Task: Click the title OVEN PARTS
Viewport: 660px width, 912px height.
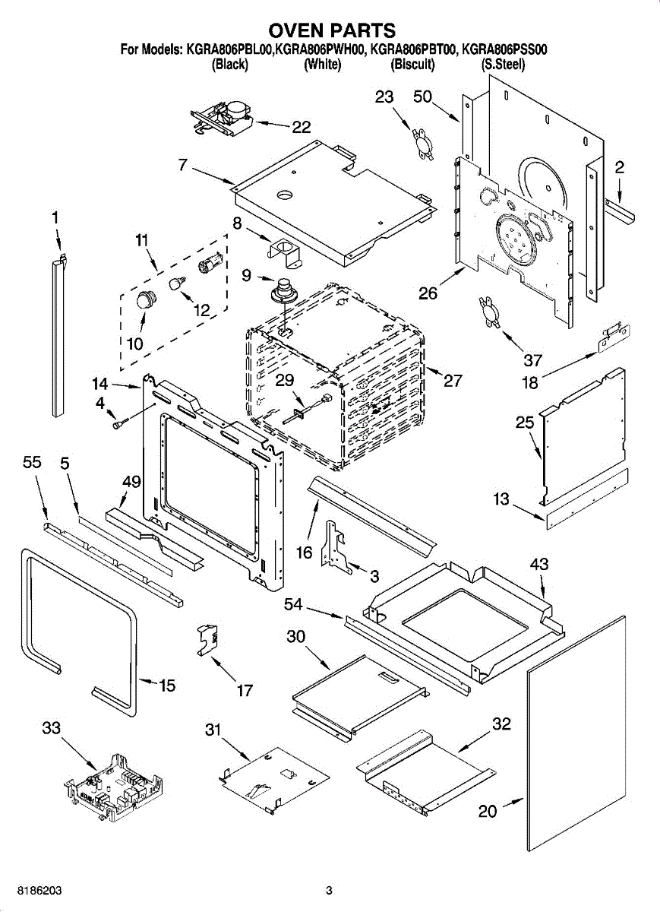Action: (331, 30)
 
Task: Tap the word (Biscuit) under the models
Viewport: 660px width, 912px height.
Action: (412, 65)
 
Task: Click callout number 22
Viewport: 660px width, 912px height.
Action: (302, 127)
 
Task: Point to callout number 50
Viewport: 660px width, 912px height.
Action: (423, 97)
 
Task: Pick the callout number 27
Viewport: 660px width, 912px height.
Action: (453, 380)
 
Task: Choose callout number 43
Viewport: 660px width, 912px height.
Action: (539, 564)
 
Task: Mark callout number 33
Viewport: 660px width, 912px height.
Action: (52, 728)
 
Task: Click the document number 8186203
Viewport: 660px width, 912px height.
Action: (39, 879)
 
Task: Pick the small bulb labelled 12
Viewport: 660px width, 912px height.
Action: (178, 282)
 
